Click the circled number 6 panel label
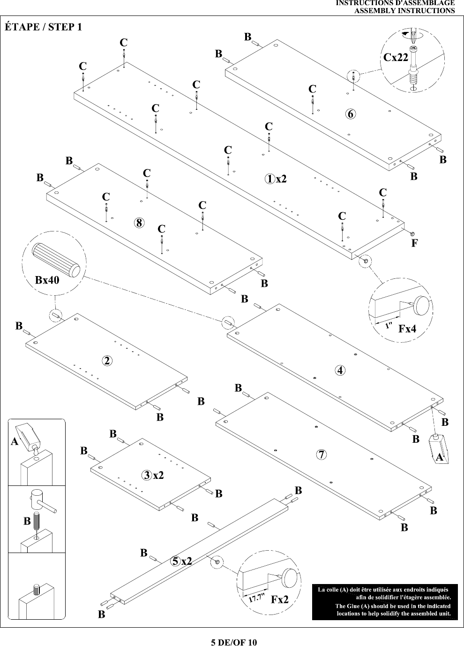350,114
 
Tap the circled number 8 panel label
139,223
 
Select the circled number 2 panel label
107,361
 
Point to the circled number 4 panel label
340,370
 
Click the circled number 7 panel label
321,454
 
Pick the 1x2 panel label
276,179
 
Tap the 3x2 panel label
152,475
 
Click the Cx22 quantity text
396,57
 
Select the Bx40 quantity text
47,280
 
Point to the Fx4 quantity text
407,329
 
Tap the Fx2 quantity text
279,600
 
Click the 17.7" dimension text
257,598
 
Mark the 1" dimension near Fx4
389,326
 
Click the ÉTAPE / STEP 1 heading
43,27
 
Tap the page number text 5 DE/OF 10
234,642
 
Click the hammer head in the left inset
36,498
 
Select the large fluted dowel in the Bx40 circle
56,260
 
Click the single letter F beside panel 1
414,243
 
